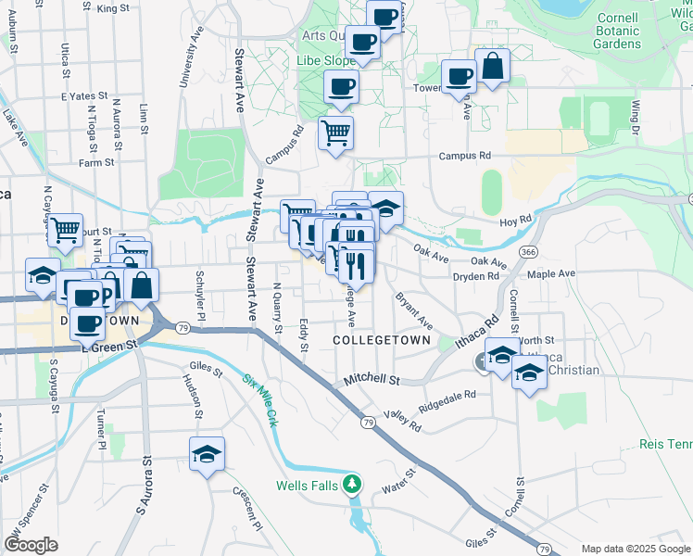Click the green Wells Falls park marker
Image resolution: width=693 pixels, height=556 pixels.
[x=351, y=483]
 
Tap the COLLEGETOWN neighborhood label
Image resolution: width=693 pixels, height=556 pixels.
[x=382, y=341]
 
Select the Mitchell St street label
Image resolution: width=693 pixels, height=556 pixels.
[x=371, y=380]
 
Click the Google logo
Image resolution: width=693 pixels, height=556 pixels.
[x=31, y=545]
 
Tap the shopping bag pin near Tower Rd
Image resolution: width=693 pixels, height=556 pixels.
[x=493, y=66]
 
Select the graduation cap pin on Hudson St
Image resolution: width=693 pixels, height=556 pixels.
[x=208, y=454]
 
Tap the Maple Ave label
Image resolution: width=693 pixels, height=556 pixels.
[x=551, y=273]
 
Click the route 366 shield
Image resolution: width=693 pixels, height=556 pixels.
[x=528, y=252]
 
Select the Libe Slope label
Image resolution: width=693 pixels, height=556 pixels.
[x=321, y=60]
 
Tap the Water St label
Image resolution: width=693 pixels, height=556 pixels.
[x=396, y=486]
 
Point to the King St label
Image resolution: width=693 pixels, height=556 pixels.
[x=112, y=8]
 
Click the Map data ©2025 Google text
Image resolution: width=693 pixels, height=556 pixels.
[x=635, y=549]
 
